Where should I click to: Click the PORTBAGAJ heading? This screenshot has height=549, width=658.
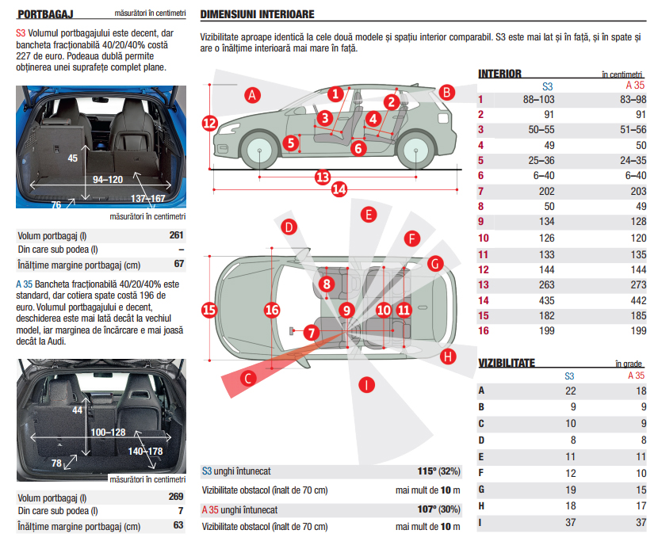pyautogui.click(x=44, y=13)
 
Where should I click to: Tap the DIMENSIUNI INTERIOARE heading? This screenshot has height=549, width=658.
pyautogui.click(x=258, y=14)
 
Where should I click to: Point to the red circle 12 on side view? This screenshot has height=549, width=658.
pyautogui.click(x=209, y=123)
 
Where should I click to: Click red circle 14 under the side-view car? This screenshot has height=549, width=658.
pyautogui.click(x=339, y=189)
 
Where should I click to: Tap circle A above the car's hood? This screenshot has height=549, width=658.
pyautogui.click(x=252, y=96)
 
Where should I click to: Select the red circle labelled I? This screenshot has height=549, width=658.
pyautogui.click(x=366, y=386)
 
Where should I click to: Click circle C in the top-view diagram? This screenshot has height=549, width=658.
pyautogui.click(x=248, y=379)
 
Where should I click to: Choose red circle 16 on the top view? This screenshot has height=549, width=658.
pyautogui.click(x=272, y=310)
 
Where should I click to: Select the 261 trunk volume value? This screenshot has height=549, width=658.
pyautogui.click(x=176, y=235)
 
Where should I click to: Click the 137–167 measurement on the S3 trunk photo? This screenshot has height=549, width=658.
pyautogui.click(x=148, y=198)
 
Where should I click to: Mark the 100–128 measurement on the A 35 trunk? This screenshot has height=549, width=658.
pyautogui.click(x=108, y=433)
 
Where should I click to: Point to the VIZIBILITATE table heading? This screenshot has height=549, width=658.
pyautogui.click(x=507, y=363)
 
